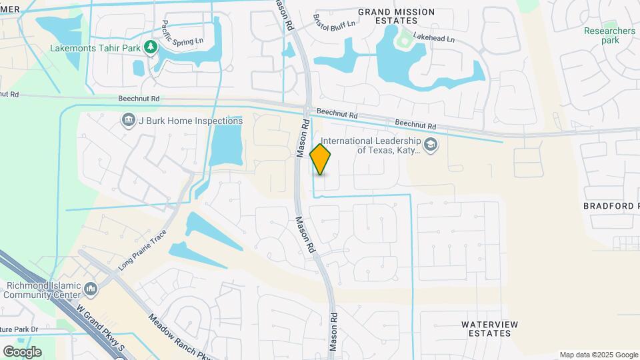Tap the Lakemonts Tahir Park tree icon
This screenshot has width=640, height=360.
point(151,47)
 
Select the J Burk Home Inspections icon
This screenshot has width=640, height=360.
point(128,121)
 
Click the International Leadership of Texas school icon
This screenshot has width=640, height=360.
point(431,145)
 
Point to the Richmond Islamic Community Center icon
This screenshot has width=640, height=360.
point(91,290)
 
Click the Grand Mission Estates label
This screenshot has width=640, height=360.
point(396,17)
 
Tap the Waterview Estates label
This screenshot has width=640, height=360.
point(490,328)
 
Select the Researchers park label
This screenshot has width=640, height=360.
point(609,35)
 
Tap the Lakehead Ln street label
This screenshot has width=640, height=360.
point(433,39)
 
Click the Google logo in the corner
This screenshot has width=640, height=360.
point(22,351)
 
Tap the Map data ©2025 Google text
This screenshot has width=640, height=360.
point(599,355)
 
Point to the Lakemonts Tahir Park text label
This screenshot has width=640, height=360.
point(96,48)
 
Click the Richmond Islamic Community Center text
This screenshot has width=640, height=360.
point(43,290)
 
